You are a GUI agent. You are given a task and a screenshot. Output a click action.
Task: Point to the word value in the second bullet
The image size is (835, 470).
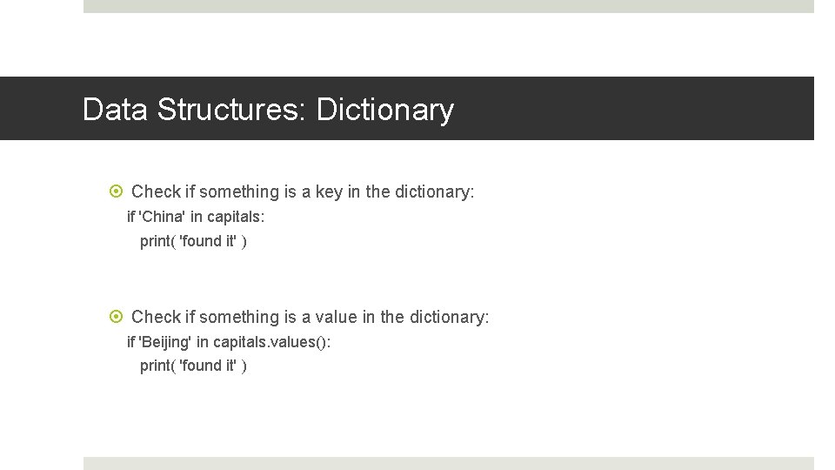pos(333,318)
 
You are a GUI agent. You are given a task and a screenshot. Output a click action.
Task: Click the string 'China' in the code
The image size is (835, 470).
pos(163,217)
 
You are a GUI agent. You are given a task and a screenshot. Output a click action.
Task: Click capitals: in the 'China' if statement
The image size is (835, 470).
pos(236,217)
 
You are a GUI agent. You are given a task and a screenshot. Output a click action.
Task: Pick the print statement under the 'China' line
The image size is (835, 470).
pos(193,241)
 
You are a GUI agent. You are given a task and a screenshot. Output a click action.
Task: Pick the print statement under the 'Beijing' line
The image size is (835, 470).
pos(193,366)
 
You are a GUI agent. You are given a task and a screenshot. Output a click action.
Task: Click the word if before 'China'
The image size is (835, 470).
pos(131,217)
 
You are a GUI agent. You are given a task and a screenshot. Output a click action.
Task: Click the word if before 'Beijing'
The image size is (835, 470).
pos(131,342)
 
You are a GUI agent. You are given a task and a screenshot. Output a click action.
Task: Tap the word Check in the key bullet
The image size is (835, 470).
pos(156,192)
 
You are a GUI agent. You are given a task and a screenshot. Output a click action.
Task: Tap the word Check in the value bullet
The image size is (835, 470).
pos(156,318)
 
